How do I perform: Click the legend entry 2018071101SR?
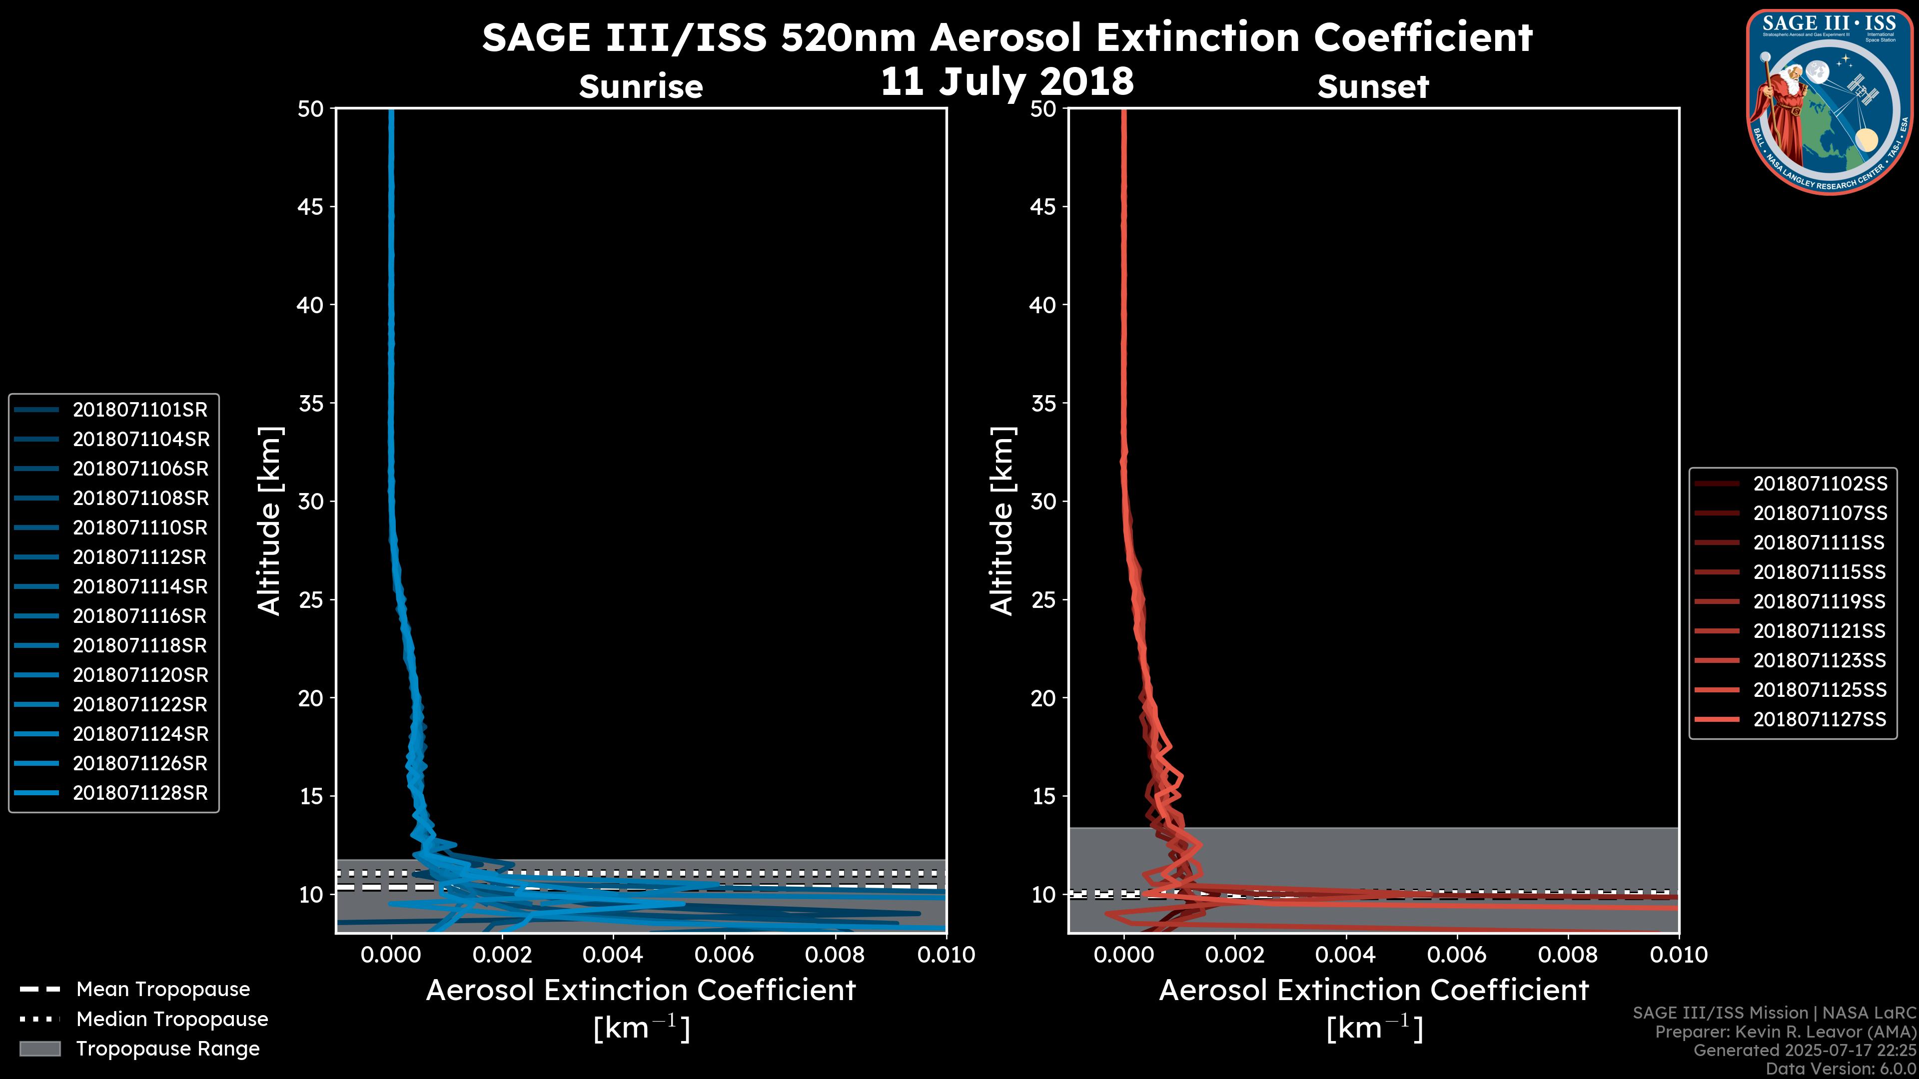click(x=140, y=410)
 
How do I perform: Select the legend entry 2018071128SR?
click(x=140, y=793)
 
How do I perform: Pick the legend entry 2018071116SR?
click(x=140, y=616)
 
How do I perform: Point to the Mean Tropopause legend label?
click(x=163, y=989)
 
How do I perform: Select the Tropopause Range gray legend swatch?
click(x=40, y=1049)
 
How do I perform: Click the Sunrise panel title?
click(x=641, y=86)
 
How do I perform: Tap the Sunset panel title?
click(x=1373, y=86)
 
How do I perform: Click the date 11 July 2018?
click(x=1007, y=81)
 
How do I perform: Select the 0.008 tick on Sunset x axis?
click(x=1568, y=955)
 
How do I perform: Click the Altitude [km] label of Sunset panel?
click(x=1002, y=521)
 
